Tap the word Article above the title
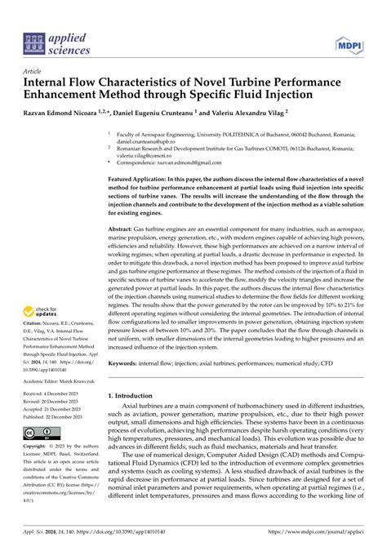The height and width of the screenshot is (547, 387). coord(34,72)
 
